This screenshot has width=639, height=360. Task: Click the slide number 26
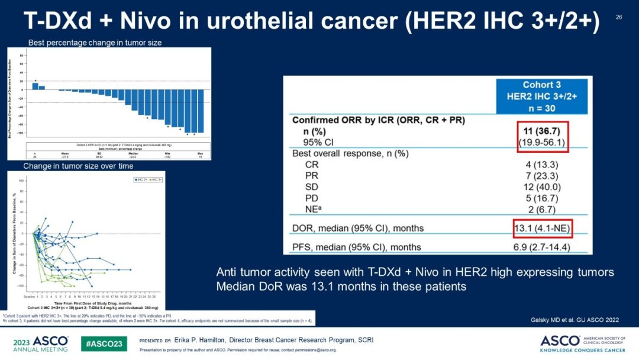tap(619, 17)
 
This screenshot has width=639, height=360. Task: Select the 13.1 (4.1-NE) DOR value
tap(543, 228)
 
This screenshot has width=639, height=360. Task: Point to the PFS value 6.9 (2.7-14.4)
tap(543, 247)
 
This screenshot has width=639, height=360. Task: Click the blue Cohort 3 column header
tap(542, 96)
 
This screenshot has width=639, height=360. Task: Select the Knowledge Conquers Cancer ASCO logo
tap(586, 343)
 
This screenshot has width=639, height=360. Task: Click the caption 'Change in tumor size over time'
tap(78, 166)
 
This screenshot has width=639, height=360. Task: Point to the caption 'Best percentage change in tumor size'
tap(95, 43)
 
